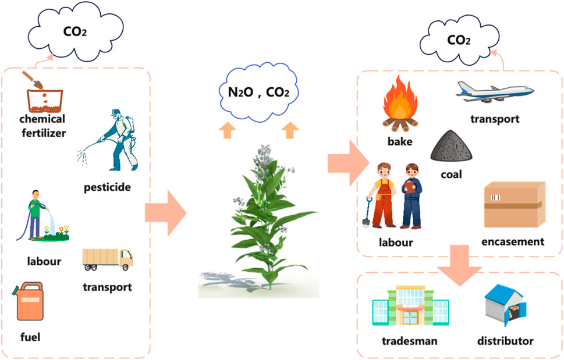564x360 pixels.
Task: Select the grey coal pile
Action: [x=452, y=145]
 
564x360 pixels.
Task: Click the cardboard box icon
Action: [x=515, y=206]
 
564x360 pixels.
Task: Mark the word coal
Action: [x=452, y=174]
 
